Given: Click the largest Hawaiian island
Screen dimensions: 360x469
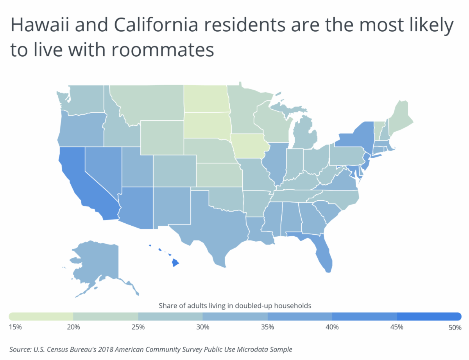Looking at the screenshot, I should click(x=175, y=264).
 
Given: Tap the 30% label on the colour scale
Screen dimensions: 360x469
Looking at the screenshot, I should click(x=202, y=327).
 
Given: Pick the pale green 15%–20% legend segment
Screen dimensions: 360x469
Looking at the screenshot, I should click(x=41, y=316).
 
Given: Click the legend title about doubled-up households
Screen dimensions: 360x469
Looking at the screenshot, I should click(x=235, y=306).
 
